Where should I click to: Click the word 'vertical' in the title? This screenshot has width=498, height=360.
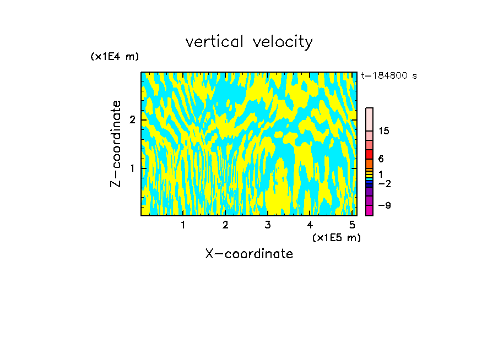215,42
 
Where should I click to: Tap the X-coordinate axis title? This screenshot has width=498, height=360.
249,254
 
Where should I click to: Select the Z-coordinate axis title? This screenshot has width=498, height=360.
116,144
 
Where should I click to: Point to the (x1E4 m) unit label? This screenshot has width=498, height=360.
115,57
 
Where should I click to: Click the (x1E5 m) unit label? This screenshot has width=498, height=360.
336,238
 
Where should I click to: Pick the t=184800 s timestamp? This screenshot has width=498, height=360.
388,76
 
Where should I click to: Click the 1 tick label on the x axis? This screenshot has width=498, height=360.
183,225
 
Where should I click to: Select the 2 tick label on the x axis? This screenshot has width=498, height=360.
225,225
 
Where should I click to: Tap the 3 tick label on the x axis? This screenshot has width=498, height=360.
268,225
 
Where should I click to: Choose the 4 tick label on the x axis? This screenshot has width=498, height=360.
310,225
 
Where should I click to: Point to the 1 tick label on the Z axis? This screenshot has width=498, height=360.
132,168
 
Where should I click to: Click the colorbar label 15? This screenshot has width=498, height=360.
384,131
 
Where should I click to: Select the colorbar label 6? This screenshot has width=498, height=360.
381,159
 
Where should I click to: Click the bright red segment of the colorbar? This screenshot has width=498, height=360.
369,155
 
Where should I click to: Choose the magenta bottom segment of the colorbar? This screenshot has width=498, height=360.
369,210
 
